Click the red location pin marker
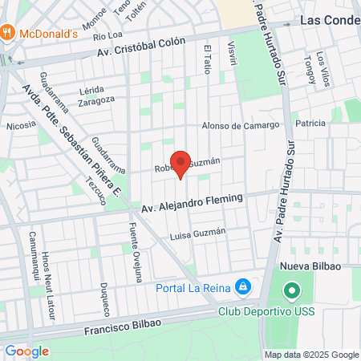180,164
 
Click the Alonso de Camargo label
240,125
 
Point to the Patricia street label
310,124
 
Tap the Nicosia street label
21,125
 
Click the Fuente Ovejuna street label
135,249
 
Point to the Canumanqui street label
34,249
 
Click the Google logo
26,351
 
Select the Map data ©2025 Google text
312,355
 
